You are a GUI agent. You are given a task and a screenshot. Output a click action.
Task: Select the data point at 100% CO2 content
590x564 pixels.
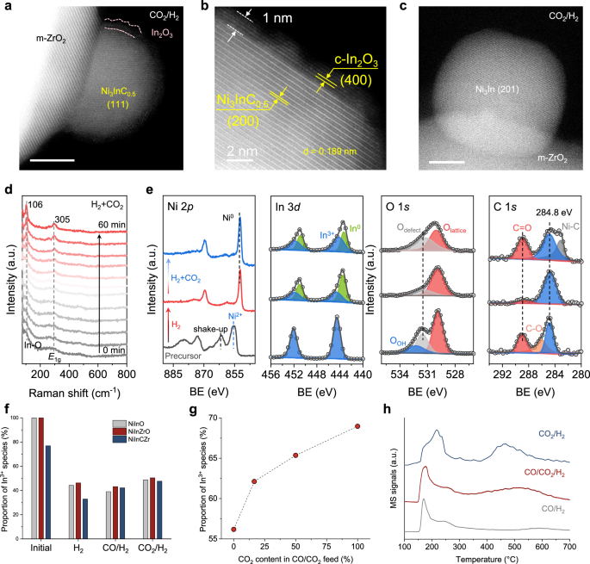click(357, 426)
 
